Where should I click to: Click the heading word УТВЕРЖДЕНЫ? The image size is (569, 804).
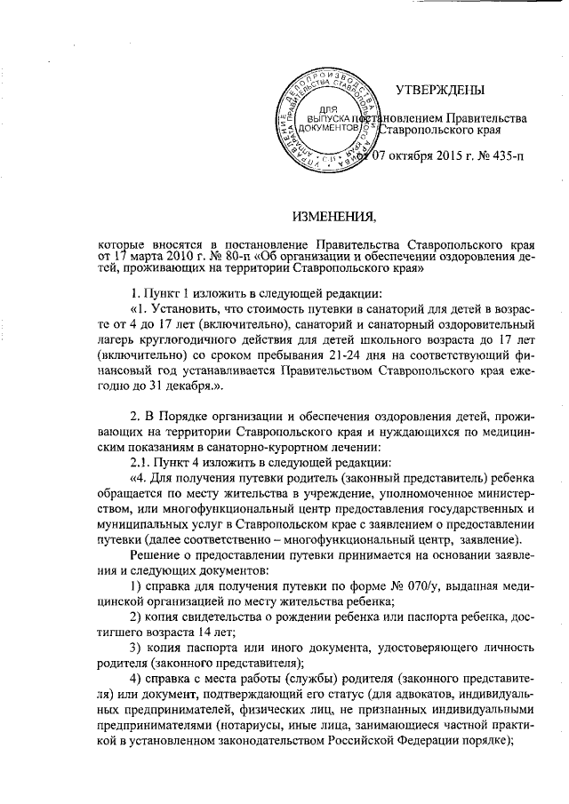(440, 89)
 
